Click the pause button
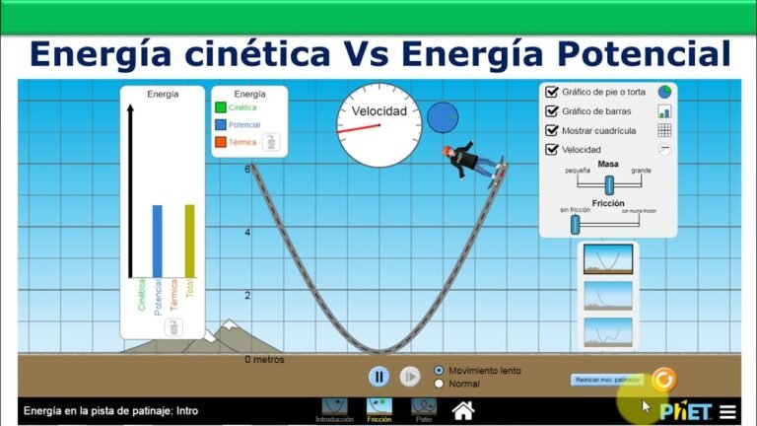[379, 376]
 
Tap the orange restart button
[663, 379]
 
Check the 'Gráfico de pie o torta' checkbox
[552, 92]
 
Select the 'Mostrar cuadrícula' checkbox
[552, 130]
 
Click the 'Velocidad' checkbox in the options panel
[552, 150]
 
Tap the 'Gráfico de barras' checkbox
[552, 111]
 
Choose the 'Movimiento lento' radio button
[440, 371]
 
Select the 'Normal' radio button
[440, 384]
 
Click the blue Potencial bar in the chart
[157, 241]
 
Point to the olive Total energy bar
[190, 241]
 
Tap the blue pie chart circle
[443, 116]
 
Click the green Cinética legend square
[221, 106]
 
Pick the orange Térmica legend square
[221, 143]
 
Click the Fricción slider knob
[575, 225]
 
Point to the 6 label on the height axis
[248, 170]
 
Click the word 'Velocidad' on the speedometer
[379, 112]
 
